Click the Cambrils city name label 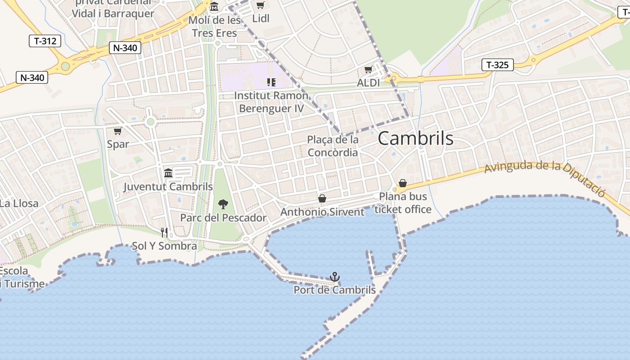415,138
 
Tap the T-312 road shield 45,41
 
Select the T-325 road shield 497,65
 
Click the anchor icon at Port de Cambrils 334,277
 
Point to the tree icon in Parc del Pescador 223,205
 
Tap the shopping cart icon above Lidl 260,5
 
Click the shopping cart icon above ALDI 368,70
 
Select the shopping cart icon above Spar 117,131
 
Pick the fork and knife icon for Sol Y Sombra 164,233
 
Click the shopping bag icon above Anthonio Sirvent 322,198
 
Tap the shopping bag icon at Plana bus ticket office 403,184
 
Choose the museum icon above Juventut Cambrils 168,173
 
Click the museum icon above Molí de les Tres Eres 214,7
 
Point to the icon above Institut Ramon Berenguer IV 271,82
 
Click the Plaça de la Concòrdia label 333,146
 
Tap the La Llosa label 19,203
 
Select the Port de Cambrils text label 334,290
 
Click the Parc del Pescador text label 223,218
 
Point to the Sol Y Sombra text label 164,246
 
